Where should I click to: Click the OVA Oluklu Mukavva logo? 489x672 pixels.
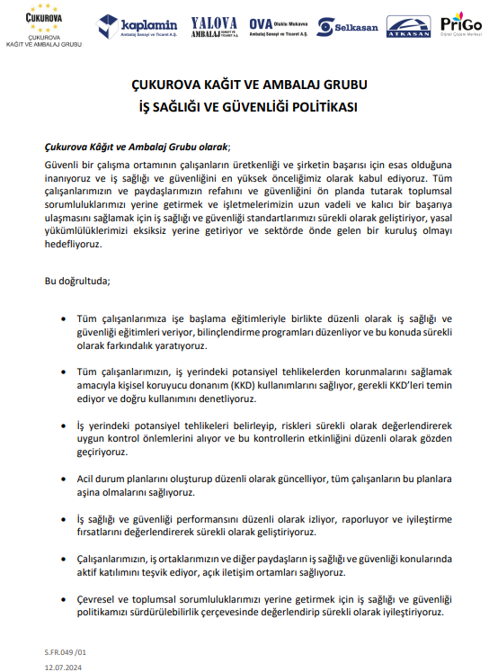(x=279, y=26)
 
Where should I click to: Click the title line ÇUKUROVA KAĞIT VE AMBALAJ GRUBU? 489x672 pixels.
(x=244, y=85)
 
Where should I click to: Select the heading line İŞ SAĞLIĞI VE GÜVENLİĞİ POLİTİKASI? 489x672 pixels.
(x=244, y=105)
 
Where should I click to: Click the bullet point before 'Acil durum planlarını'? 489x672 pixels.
(x=62, y=481)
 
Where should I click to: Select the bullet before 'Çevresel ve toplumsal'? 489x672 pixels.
(x=62, y=598)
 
